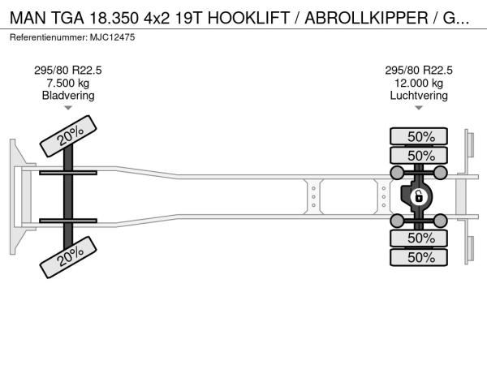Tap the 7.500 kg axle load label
point(68,83)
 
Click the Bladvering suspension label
point(68,96)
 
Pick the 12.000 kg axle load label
point(420,83)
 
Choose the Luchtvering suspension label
point(420,96)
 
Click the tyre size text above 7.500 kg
point(68,70)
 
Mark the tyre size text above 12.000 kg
point(420,70)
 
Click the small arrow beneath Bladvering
point(68,108)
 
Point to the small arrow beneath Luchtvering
point(420,108)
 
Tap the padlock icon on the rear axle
point(419,197)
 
